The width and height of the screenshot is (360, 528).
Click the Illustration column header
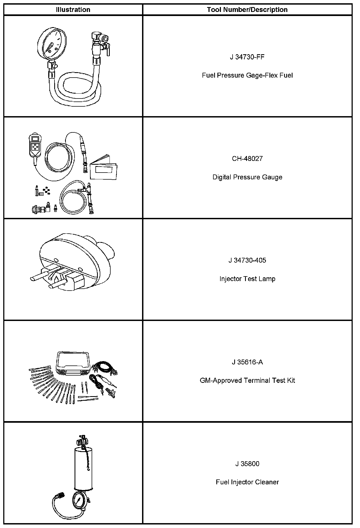point(73,10)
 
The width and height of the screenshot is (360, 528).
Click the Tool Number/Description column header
point(247,10)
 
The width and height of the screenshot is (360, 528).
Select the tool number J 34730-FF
point(247,57)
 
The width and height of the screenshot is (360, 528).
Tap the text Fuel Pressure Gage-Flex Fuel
point(247,75)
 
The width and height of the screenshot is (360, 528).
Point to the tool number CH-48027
point(247,159)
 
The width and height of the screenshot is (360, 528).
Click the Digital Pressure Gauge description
point(247,177)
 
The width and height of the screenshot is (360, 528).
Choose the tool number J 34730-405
point(247,260)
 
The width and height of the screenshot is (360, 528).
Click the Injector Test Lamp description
point(247,279)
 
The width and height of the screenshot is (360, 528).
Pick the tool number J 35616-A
point(247,362)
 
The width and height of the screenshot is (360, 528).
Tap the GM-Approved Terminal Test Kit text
point(247,381)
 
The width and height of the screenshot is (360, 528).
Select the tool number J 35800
point(247,464)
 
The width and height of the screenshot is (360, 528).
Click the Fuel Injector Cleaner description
point(247,482)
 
